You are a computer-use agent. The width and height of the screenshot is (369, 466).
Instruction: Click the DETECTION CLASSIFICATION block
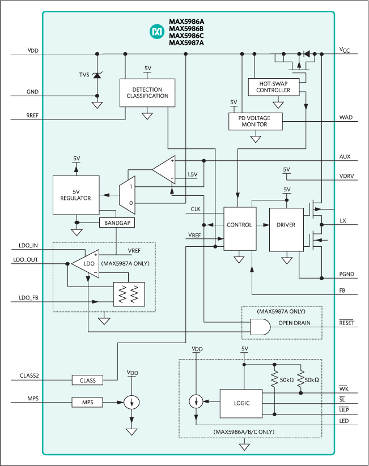click(x=147, y=93)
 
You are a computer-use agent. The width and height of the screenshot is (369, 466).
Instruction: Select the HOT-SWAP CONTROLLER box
click(x=273, y=87)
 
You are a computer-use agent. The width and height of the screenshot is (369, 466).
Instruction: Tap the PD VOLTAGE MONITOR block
click(x=255, y=121)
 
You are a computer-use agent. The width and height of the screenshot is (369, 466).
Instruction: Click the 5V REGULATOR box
click(x=75, y=195)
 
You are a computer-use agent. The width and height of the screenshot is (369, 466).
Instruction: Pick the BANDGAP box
click(x=117, y=223)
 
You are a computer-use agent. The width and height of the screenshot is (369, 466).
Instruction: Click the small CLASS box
click(x=87, y=380)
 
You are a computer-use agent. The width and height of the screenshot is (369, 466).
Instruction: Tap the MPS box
click(x=87, y=402)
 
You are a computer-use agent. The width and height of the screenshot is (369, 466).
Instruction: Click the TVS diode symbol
click(x=97, y=75)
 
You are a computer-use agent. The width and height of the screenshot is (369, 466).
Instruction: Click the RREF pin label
click(x=32, y=116)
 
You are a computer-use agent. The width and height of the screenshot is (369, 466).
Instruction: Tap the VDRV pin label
click(x=346, y=176)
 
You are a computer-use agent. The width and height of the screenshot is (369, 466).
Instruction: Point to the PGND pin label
click(x=347, y=275)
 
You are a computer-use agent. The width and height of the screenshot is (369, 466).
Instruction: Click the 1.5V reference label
click(x=192, y=175)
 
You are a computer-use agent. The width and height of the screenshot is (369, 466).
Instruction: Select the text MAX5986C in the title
click(x=186, y=36)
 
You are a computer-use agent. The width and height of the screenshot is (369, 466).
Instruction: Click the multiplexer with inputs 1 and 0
click(x=126, y=194)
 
